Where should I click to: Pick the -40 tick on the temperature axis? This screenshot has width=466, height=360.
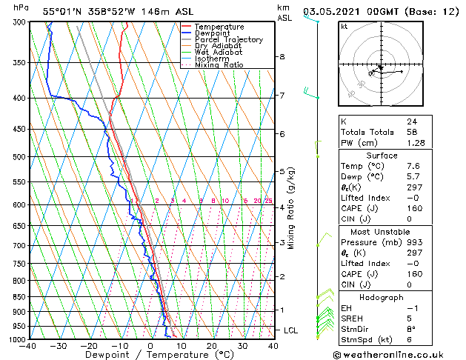pyautogui.click(x=29, y=346)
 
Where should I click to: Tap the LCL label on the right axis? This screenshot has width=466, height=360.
pyautogui.click(x=292, y=330)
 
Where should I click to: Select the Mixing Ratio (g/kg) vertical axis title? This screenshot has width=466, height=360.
pyautogui.click(x=291, y=207)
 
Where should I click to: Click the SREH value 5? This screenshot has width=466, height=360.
pyautogui.click(x=408, y=319)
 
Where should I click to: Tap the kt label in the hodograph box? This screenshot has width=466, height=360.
pyautogui.click(x=344, y=26)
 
